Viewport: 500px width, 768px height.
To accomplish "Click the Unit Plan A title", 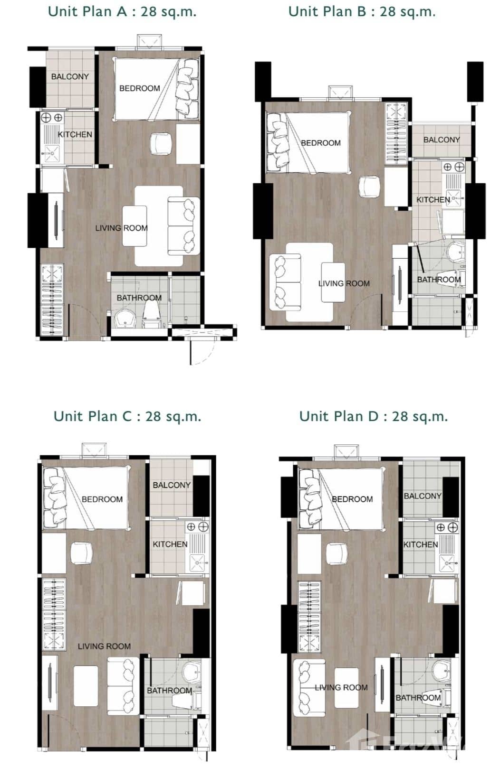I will (x=122, y=11).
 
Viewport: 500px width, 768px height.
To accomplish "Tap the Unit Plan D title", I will (x=374, y=416).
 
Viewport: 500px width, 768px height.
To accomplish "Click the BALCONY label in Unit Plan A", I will (x=70, y=76).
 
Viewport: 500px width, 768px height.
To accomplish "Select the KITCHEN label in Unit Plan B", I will (x=433, y=200).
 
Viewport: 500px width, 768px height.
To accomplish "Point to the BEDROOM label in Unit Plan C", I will (x=102, y=499).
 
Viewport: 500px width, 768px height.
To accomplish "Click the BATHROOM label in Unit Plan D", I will (x=418, y=698).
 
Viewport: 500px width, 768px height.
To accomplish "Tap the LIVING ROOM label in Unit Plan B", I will (x=344, y=283).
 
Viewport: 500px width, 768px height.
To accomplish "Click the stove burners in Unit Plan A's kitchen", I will (x=52, y=117).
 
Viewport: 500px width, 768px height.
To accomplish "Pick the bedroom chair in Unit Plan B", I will (x=369, y=187).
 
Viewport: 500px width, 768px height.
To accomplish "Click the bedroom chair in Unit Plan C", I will (x=81, y=553).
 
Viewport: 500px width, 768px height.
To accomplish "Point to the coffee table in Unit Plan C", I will (x=86, y=686).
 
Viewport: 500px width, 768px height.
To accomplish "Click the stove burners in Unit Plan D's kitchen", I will (x=447, y=527).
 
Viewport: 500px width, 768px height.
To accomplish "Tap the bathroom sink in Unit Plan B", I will (x=456, y=252).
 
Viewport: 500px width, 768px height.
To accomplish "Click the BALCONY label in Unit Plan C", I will (x=172, y=485).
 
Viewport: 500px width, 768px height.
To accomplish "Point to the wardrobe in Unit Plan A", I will (x=52, y=300).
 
